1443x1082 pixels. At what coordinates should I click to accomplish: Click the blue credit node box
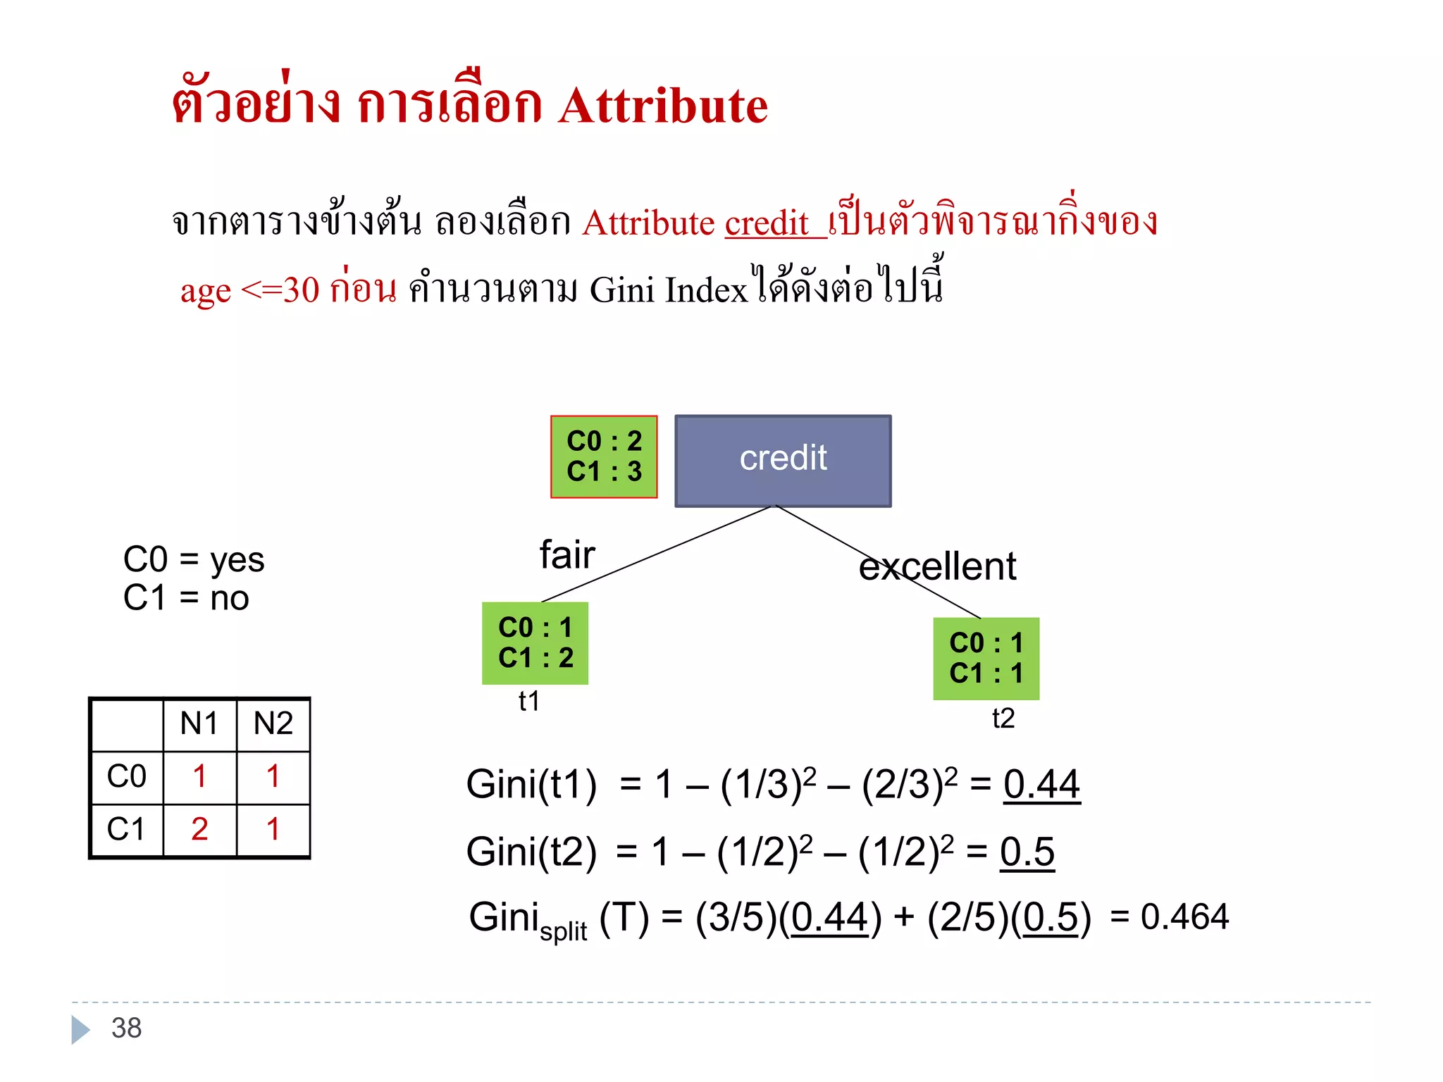(783, 461)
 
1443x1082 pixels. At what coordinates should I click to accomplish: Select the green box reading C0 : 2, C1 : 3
(604, 456)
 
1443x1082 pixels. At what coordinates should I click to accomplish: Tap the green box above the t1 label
(535, 642)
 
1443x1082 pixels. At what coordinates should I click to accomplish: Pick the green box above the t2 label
(986, 658)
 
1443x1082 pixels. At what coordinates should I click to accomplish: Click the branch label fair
(567, 554)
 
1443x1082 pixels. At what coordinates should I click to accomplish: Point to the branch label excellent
(937, 566)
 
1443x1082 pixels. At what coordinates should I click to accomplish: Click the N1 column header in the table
(199, 723)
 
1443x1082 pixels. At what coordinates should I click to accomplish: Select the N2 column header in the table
(273, 723)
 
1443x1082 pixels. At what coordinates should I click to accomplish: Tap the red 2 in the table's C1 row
(199, 829)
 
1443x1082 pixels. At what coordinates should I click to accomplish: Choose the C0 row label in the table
(127, 776)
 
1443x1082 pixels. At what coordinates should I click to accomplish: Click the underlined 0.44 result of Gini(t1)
(1041, 784)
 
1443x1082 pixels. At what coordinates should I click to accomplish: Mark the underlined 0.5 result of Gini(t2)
(1027, 852)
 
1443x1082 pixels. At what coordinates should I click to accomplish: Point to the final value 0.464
(1184, 916)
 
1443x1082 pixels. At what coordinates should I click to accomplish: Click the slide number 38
(127, 1028)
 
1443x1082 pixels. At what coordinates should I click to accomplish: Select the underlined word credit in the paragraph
(767, 223)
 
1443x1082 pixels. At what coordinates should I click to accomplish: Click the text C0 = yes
(194, 560)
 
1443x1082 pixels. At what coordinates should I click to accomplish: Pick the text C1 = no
(186, 598)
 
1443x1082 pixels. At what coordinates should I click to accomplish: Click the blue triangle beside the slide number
(80, 1029)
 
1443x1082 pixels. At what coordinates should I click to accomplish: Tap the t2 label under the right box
(1003, 719)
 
